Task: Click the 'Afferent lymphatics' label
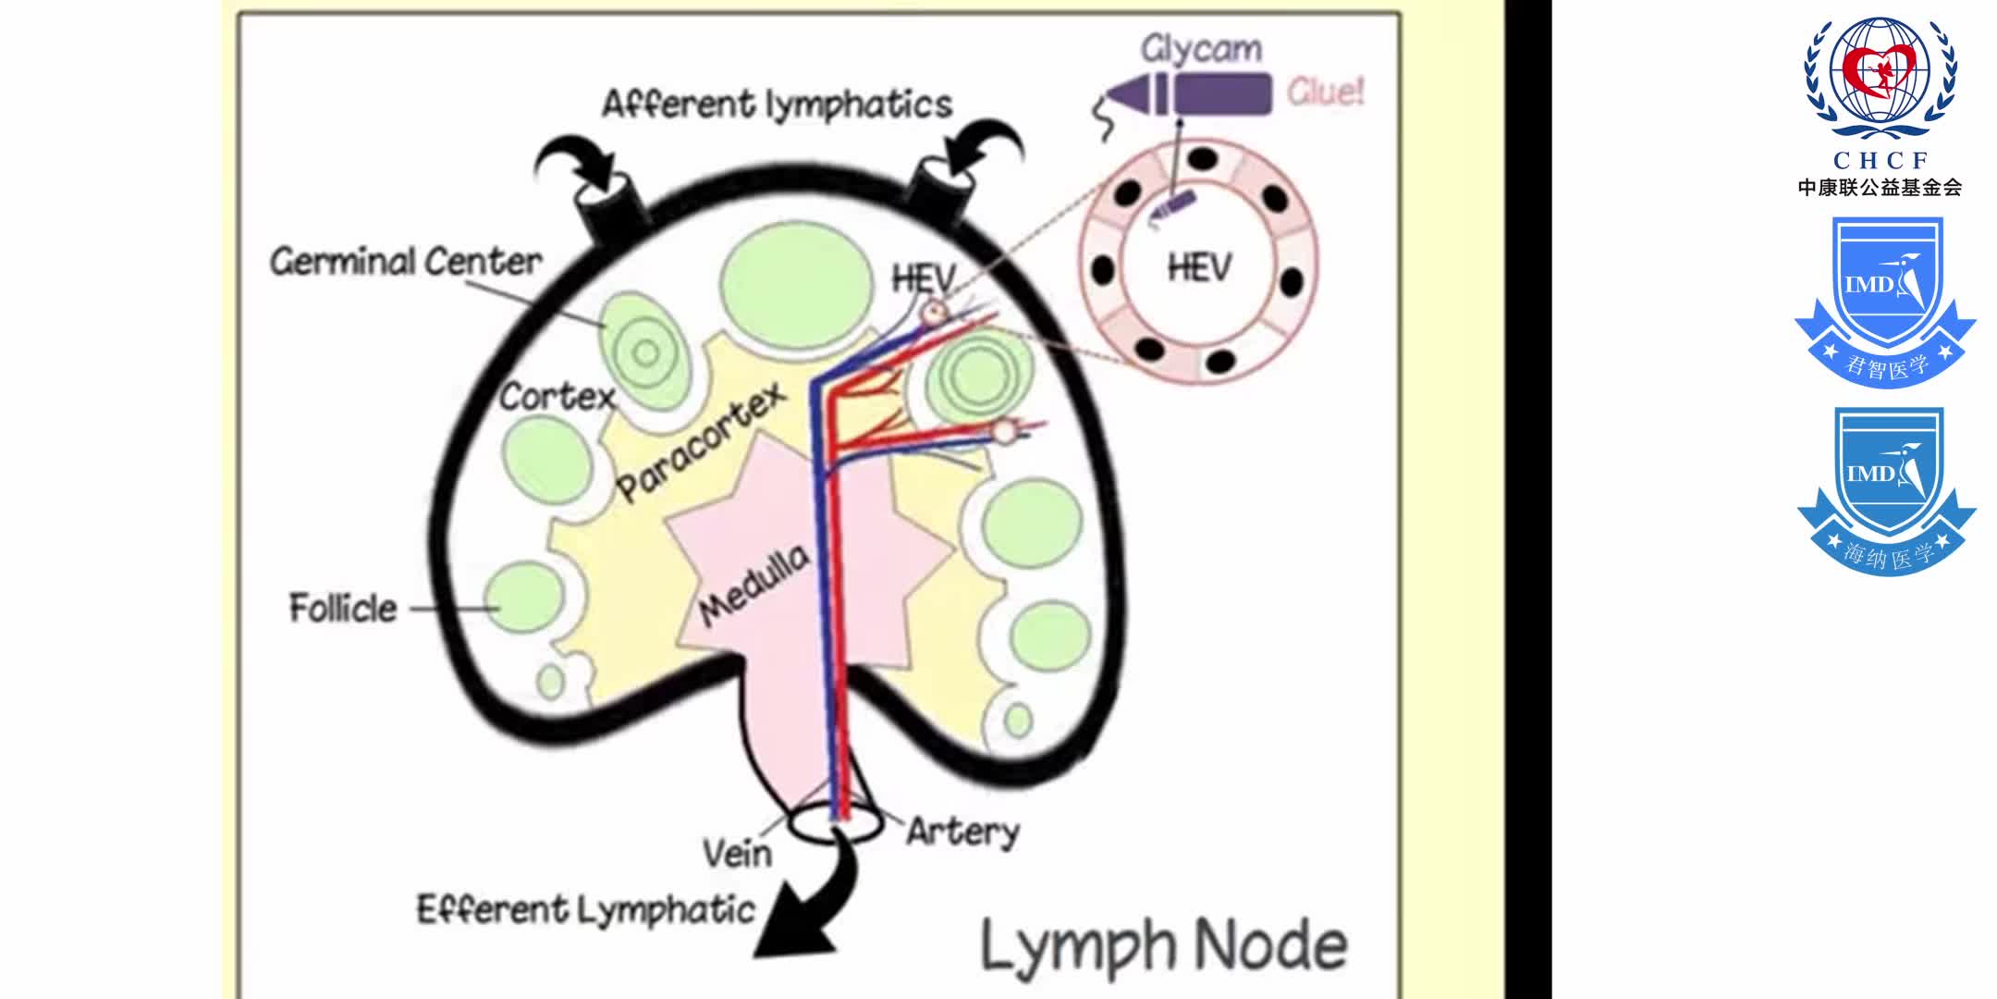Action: [x=777, y=104]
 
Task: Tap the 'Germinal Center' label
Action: [x=405, y=262]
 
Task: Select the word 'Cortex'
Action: [x=557, y=397]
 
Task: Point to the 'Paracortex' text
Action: [x=701, y=441]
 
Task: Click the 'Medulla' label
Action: [x=754, y=585]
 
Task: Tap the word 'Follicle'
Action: [x=343, y=608]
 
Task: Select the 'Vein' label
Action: [x=737, y=852]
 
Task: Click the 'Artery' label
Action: [x=962, y=831]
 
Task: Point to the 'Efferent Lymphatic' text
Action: [x=585, y=910]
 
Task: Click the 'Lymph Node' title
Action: [x=1163, y=945]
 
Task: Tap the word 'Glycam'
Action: [x=1200, y=48]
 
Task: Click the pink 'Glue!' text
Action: [x=1325, y=92]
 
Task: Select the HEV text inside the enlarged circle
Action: [x=1199, y=268]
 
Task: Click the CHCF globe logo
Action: [x=1880, y=79]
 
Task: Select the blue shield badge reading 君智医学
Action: [x=1885, y=301]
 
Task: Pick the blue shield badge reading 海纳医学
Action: [x=1886, y=490]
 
